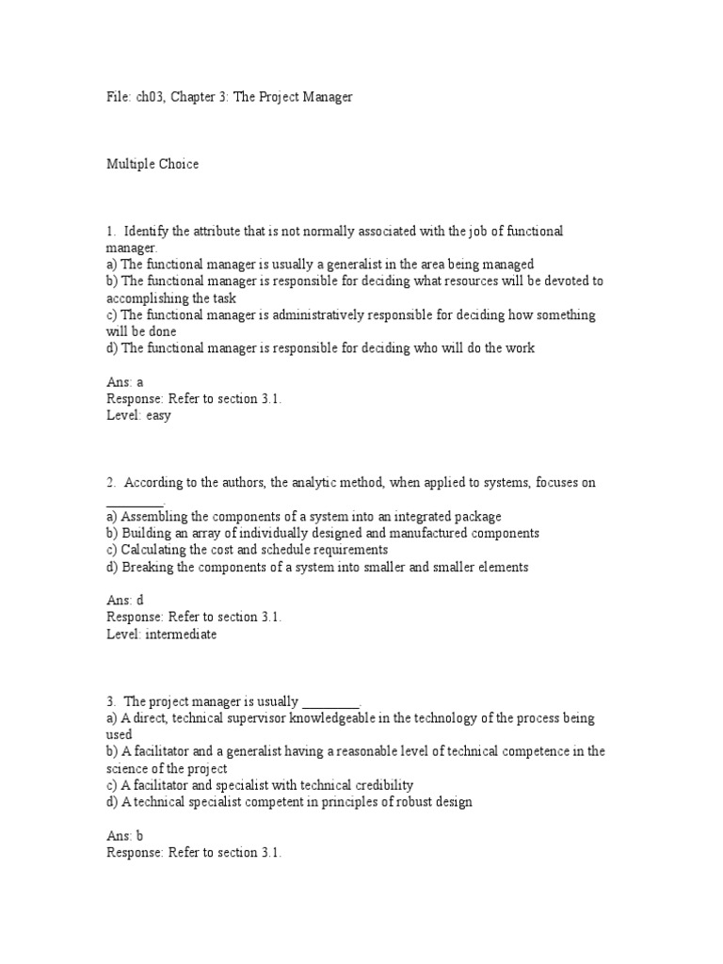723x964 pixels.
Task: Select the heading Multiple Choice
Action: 152,165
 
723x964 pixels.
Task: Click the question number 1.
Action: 110,232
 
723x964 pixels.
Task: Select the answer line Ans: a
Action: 125,382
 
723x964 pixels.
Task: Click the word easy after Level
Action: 157,415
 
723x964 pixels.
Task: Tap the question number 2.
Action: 110,483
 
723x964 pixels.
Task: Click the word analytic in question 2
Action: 297,483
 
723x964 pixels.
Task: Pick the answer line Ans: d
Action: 125,600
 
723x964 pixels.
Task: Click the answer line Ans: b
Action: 125,835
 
